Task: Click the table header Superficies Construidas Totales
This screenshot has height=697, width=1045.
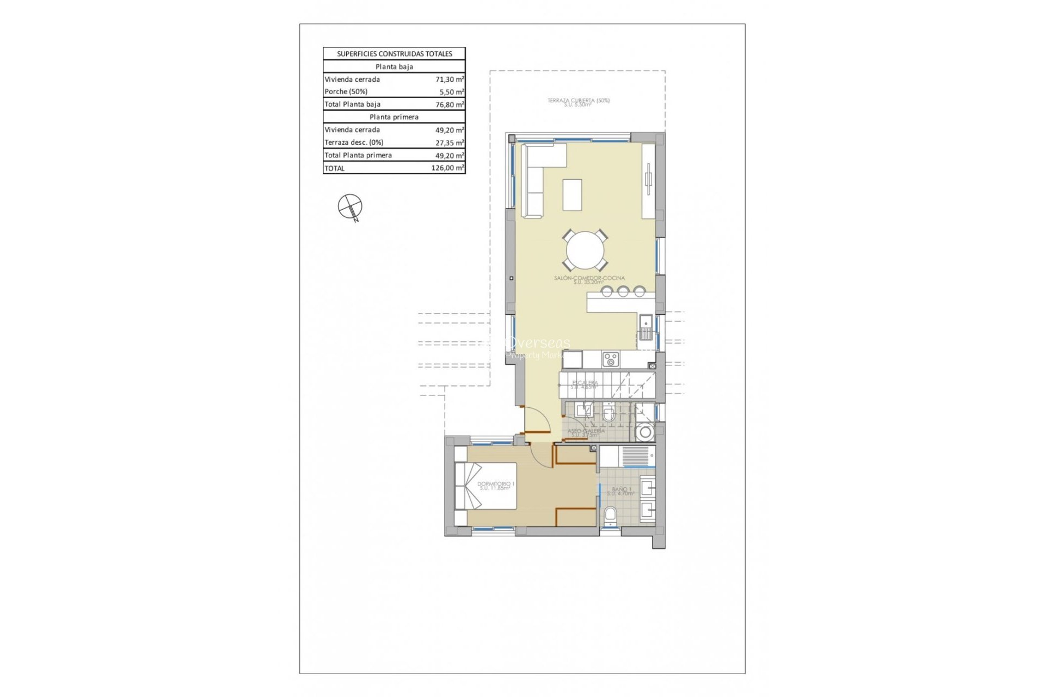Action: pos(394,54)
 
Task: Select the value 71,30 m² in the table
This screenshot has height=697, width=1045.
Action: pos(449,80)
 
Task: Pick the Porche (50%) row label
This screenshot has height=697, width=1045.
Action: pos(346,91)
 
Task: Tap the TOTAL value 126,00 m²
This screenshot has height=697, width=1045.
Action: pos(447,168)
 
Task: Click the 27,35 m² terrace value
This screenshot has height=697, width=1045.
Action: pos(449,143)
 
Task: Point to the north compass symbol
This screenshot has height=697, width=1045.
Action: pos(350,207)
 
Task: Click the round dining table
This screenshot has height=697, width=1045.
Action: pos(585,250)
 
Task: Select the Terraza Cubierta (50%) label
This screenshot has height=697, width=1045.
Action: pos(578,102)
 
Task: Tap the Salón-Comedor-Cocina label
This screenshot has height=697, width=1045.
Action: pos(589,279)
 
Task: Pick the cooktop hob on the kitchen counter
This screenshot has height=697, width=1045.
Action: pos(610,359)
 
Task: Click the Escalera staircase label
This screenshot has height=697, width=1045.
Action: pos(585,384)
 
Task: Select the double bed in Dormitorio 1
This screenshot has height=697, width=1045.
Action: pos(485,486)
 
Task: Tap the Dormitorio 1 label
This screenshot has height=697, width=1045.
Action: pos(495,485)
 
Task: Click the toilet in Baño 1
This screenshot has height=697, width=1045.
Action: pos(611,515)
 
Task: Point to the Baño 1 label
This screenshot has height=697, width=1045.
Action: pos(621,491)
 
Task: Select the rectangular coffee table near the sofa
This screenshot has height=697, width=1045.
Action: pos(572,194)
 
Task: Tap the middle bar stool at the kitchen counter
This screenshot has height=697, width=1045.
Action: pos(623,292)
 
